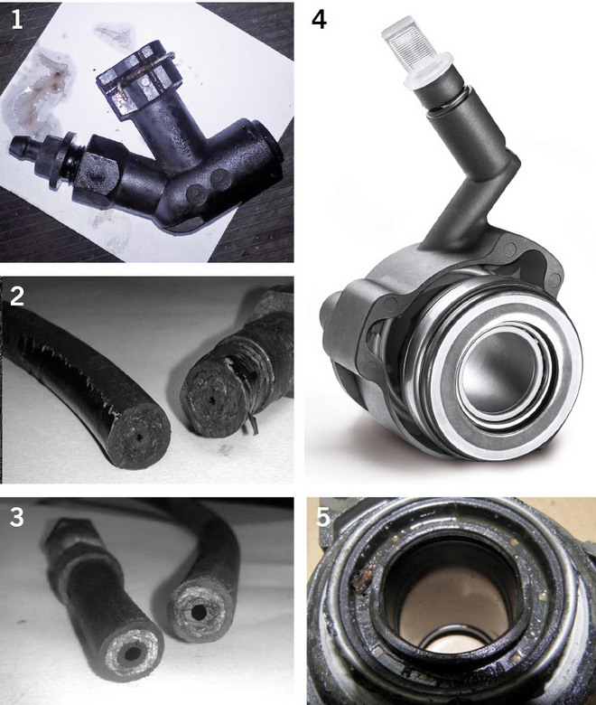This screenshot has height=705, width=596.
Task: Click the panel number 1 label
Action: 16,21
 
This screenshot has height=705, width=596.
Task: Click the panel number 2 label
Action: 17,296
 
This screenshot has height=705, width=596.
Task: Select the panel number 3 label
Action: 16,517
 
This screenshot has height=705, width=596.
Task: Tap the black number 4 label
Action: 319,21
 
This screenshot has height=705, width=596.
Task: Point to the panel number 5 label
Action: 323,517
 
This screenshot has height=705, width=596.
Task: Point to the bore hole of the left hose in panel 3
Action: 131,654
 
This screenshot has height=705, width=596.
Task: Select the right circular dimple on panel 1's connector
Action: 220,178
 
